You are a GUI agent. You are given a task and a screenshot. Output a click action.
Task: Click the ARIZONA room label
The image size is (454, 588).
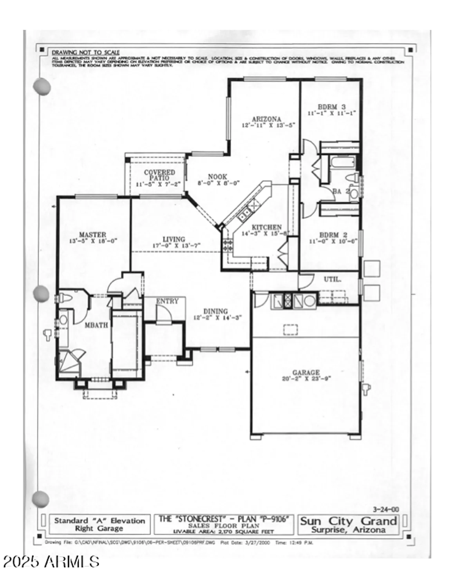(x=266, y=119)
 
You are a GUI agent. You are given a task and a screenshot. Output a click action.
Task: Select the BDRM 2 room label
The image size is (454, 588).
(x=333, y=235)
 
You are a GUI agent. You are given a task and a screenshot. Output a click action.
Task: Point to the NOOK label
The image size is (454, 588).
(x=217, y=177)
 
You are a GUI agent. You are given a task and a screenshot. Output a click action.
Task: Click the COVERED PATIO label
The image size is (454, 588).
(x=159, y=175)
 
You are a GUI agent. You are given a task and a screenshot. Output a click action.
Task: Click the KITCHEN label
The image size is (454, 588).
(x=266, y=227)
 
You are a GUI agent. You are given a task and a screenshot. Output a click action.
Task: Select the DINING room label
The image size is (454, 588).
(x=215, y=312)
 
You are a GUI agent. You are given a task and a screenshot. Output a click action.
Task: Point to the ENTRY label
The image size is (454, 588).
(x=167, y=301)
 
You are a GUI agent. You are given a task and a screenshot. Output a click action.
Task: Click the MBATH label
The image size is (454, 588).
(x=96, y=325)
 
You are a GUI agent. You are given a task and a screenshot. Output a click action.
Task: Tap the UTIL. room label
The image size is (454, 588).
(x=332, y=279)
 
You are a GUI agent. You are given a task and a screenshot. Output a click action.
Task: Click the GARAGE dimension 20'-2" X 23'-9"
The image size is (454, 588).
(x=306, y=379)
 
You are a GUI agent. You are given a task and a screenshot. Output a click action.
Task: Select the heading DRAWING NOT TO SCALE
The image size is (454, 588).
(x=86, y=53)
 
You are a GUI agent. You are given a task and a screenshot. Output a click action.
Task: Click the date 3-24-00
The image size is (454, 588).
(x=385, y=509)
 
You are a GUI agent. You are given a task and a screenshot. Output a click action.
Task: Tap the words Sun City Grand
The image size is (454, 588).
(x=348, y=521)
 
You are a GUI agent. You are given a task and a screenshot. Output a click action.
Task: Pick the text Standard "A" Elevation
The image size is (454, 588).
(x=99, y=521)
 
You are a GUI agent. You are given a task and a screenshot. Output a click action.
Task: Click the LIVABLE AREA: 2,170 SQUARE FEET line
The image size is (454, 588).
(x=223, y=532)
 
